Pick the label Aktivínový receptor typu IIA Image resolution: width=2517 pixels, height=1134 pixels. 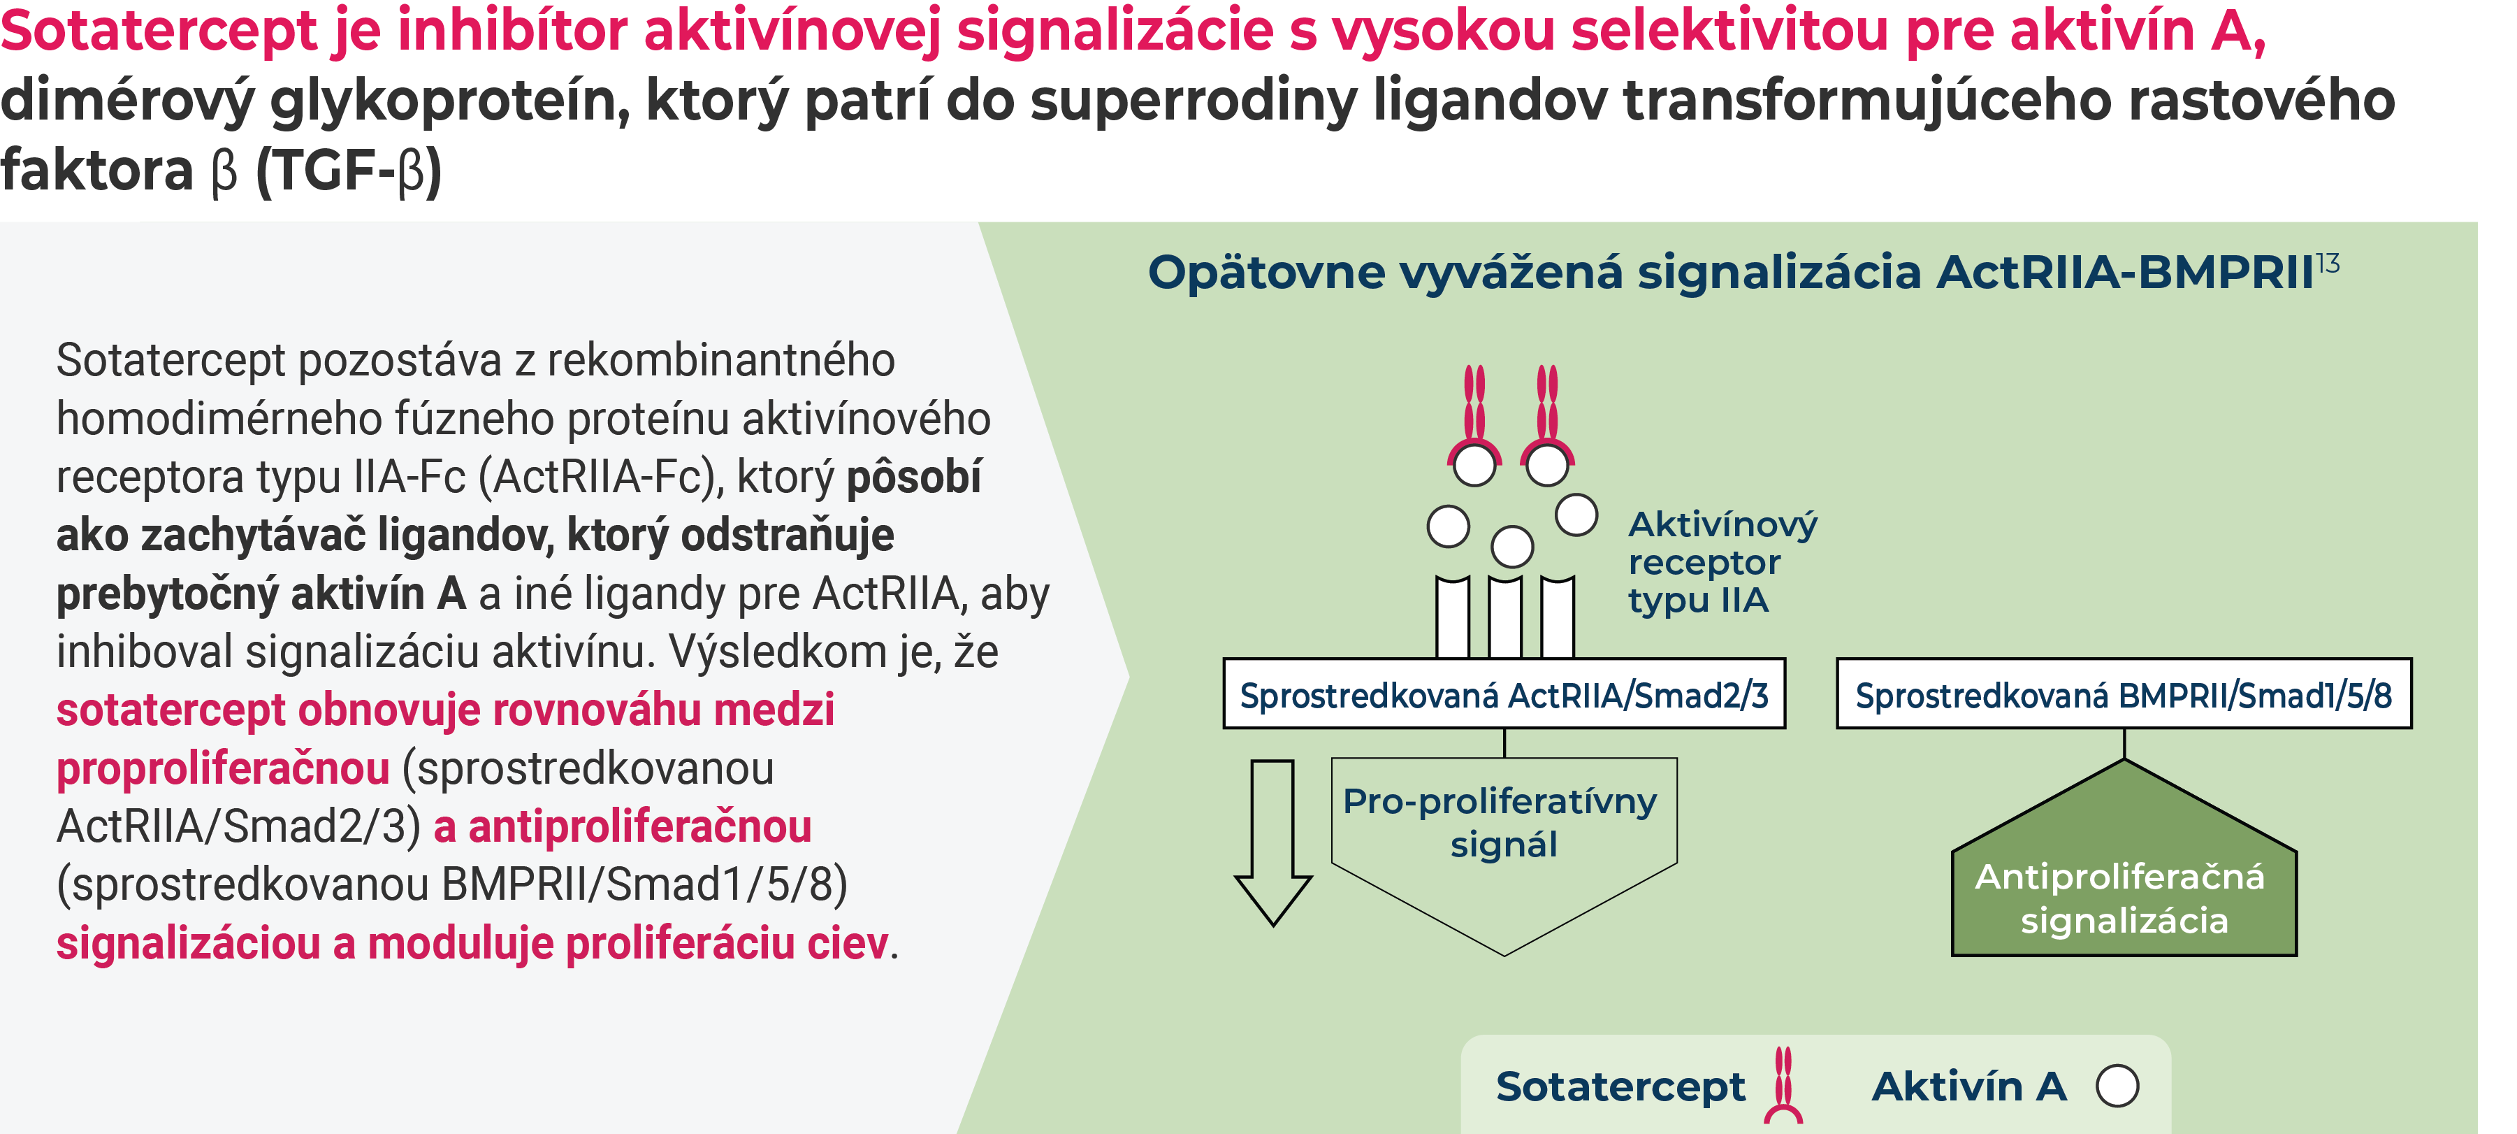(1722, 562)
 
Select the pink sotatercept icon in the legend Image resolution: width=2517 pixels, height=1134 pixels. (1783, 1085)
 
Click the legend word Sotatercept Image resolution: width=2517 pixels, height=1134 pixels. (1620, 1086)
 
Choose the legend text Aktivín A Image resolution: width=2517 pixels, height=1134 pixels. (1969, 1086)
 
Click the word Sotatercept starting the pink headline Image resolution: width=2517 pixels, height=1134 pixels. (159, 29)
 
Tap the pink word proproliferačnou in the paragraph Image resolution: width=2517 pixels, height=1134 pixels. (223, 768)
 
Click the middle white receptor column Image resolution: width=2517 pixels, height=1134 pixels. (1504, 618)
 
